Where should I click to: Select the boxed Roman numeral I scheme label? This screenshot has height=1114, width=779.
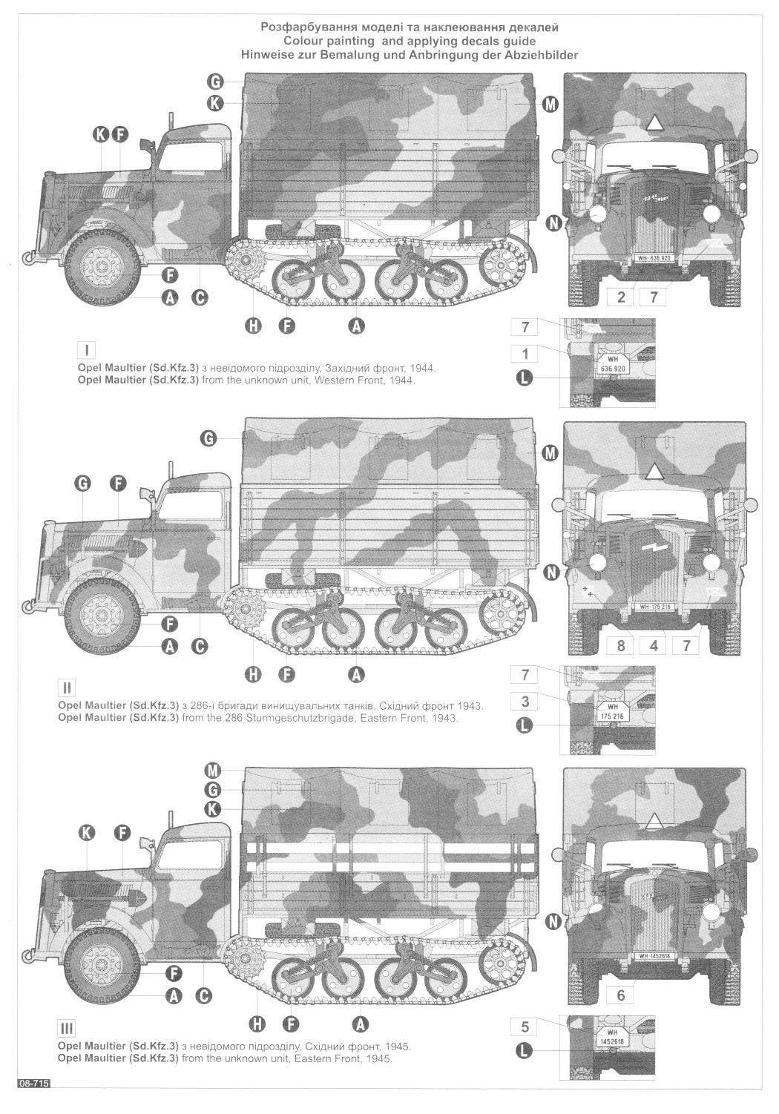point(87,350)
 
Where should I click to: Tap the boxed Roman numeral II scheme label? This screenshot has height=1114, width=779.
point(68,688)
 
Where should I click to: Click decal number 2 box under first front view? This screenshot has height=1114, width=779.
point(621,297)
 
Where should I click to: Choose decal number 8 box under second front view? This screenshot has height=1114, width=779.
point(620,645)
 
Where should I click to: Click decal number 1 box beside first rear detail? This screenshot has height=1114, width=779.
point(525,354)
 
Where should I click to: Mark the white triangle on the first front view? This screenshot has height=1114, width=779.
point(654,123)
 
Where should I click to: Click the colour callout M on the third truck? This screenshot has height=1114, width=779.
point(212,771)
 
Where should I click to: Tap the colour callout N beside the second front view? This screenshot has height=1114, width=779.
point(550,573)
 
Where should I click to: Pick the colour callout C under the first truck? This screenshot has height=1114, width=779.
point(200,298)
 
